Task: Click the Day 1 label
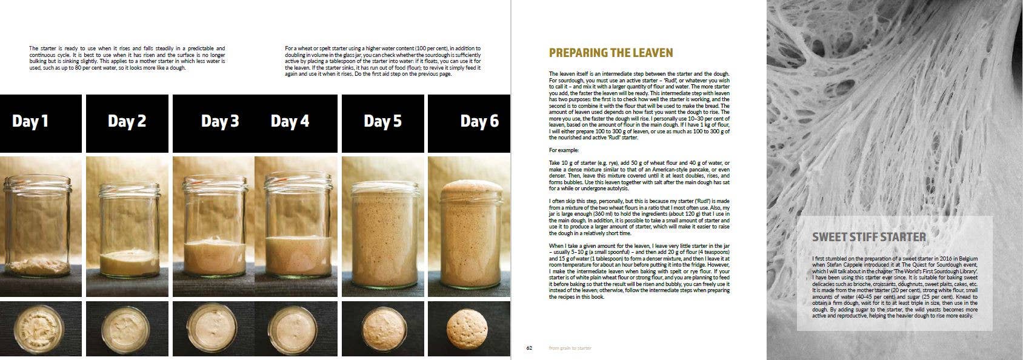click(30, 121)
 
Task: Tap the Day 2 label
click(127, 121)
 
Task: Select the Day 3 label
click(220, 121)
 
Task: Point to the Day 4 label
click(290, 121)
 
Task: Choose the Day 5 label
click(382, 121)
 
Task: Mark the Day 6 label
click(479, 121)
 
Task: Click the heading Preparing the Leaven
click(611, 53)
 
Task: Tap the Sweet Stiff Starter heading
click(868, 237)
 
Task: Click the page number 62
click(528, 348)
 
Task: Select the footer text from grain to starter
click(570, 348)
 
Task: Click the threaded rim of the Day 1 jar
click(40, 182)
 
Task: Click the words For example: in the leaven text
click(564, 150)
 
